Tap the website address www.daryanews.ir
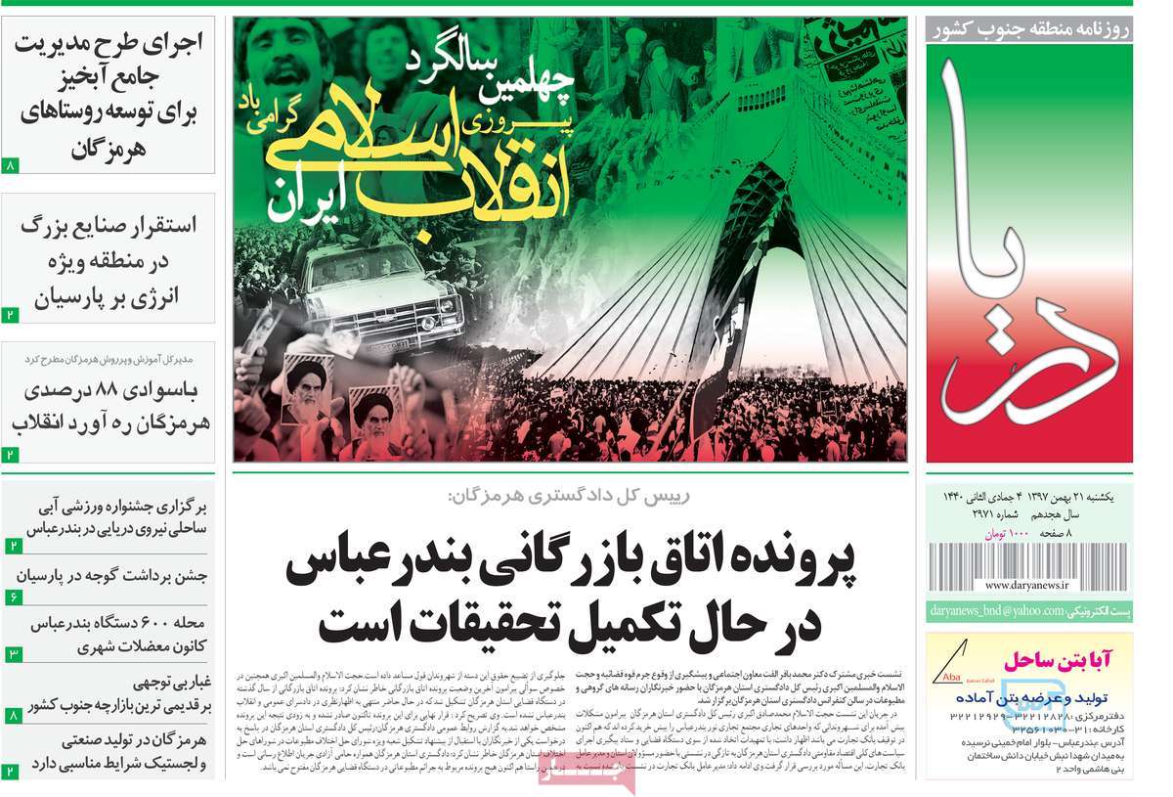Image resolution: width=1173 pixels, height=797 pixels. click(x=1026, y=585)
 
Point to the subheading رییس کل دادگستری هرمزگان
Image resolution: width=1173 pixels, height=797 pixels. click(x=568, y=495)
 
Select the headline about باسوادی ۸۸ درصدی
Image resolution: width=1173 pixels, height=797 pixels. click(x=110, y=406)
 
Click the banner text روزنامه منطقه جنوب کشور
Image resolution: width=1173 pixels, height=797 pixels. click(x=1031, y=29)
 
